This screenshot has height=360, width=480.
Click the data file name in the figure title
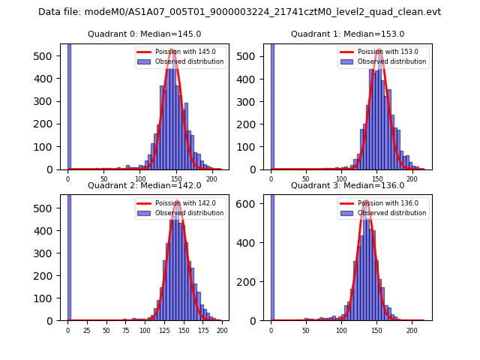(239, 12)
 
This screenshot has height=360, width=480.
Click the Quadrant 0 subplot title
(144, 34)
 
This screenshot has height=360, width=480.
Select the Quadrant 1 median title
(347, 34)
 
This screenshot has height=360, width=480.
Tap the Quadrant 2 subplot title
(144, 185)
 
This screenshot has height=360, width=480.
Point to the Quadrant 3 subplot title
(347, 185)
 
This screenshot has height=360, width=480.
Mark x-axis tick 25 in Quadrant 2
(86, 330)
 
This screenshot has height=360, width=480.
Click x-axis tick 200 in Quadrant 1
(412, 178)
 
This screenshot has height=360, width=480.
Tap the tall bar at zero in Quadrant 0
(69, 105)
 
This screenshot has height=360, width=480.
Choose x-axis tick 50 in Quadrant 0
(104, 178)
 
